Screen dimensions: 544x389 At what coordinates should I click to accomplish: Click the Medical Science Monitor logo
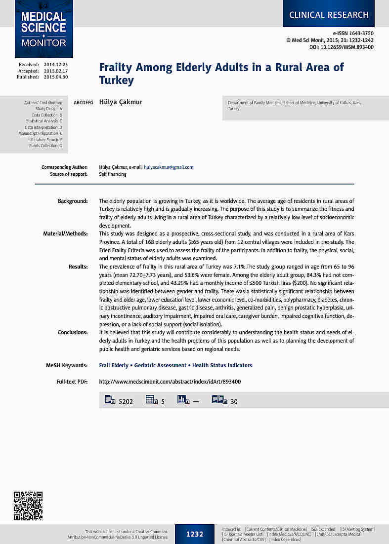tap(43, 29)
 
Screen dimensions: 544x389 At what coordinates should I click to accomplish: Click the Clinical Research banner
tap(329, 15)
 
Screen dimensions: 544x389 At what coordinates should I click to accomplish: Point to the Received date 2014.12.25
tap(56, 65)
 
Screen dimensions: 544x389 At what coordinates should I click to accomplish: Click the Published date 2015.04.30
tap(56, 77)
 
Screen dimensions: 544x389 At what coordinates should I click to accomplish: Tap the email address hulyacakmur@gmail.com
tap(169, 167)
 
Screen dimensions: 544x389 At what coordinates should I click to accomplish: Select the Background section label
tap(73, 201)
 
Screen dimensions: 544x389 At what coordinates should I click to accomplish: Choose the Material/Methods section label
tap(66, 233)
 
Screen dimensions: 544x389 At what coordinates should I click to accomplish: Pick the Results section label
tap(78, 267)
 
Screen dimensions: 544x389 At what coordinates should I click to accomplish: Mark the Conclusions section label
tap(73, 332)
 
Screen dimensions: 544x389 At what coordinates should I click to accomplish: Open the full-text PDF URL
tap(170, 382)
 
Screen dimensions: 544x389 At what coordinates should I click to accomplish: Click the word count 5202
tap(126, 401)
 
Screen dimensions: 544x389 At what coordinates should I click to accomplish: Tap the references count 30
tap(234, 401)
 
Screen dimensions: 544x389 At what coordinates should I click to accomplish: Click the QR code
tap(28, 505)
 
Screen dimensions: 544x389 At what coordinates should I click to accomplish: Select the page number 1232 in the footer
tap(195, 534)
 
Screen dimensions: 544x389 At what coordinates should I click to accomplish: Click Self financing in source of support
tap(113, 174)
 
